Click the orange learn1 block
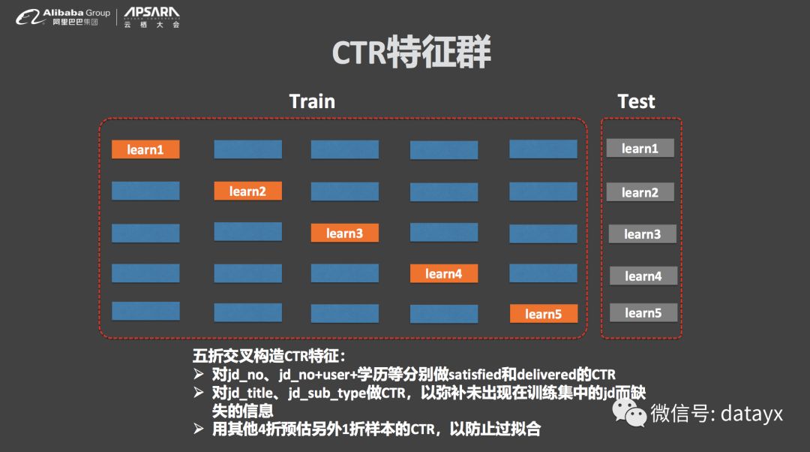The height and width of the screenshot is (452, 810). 145,149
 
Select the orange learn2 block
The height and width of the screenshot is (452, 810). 247,191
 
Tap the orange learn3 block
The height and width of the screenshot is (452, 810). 344,233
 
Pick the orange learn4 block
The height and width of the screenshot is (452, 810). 443,273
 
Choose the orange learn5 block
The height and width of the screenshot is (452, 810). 543,314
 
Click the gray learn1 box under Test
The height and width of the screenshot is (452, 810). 640,149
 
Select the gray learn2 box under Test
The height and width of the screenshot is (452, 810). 640,192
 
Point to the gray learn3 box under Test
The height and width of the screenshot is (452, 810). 642,234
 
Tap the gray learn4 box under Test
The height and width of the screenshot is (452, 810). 643,276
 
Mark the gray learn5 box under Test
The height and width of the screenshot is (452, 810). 643,312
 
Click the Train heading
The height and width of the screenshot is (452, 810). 312,101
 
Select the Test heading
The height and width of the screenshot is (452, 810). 636,101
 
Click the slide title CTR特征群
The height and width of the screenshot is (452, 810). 411,54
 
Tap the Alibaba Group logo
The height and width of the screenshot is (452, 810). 63,17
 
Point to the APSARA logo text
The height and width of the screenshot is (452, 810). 151,14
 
